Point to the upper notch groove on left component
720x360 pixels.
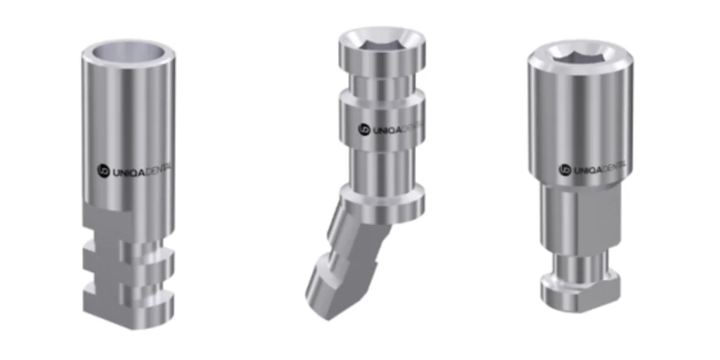(x=130, y=247)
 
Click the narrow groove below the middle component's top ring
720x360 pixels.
(x=382, y=84)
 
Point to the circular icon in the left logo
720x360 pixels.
(x=101, y=169)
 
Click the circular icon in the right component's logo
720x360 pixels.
(x=564, y=169)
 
